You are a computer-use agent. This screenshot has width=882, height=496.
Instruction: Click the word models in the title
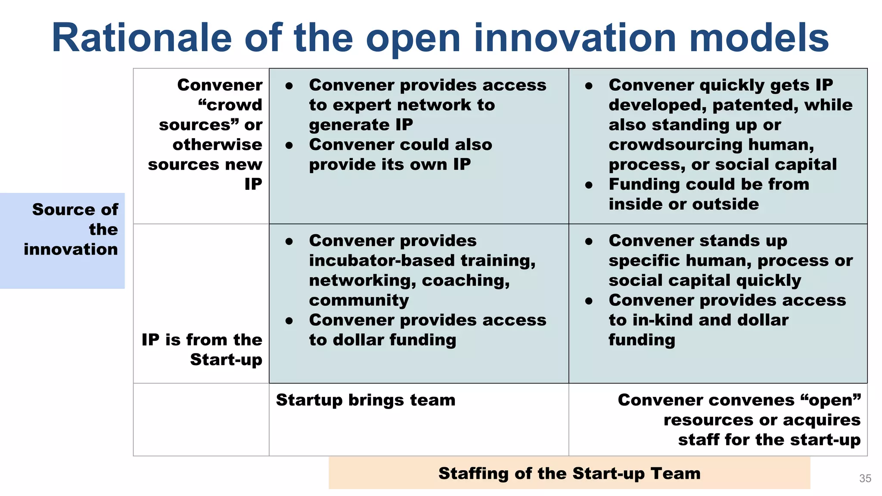click(x=759, y=38)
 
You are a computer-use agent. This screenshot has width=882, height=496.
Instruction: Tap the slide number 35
click(x=865, y=478)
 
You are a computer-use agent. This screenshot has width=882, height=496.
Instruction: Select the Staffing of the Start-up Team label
click(x=569, y=473)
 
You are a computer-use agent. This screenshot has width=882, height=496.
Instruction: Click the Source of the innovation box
click(x=62, y=240)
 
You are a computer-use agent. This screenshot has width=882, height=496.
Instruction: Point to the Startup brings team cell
click(x=366, y=400)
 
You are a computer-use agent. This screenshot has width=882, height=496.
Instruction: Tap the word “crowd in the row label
click(x=230, y=105)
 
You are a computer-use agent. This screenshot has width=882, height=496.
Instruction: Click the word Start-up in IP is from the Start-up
click(x=226, y=360)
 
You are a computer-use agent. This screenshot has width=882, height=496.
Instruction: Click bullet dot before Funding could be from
click(x=589, y=185)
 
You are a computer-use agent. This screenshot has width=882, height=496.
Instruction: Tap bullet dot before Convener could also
click(x=289, y=146)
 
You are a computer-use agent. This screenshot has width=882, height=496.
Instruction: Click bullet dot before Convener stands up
click(x=589, y=242)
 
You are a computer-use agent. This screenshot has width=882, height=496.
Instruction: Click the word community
click(x=359, y=300)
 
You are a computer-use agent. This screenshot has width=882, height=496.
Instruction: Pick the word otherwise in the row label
click(x=217, y=145)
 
